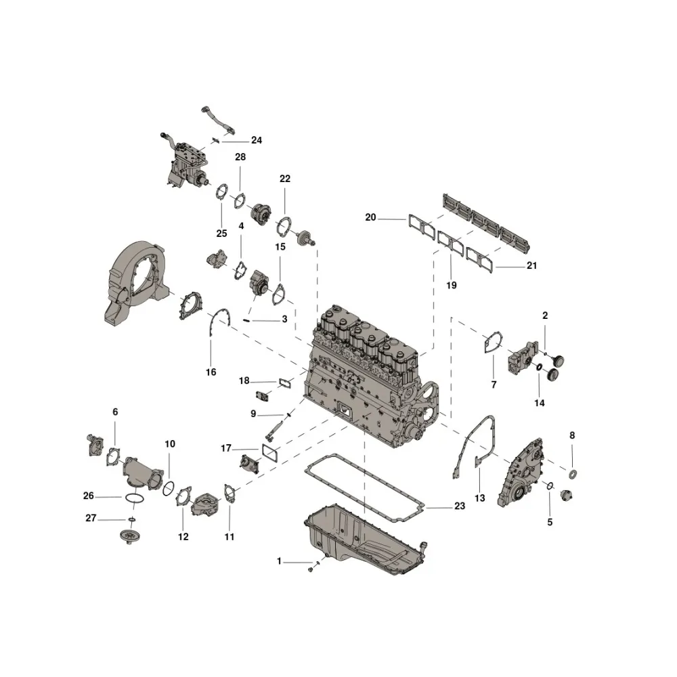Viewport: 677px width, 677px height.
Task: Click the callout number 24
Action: tap(257, 140)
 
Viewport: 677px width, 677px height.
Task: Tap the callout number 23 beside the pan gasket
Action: tap(460, 506)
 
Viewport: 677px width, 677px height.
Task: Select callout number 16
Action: tap(211, 372)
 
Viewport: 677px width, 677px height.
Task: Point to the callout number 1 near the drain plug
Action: tap(279, 561)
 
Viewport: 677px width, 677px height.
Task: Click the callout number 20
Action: tap(370, 217)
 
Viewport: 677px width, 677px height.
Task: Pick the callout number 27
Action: tap(91, 518)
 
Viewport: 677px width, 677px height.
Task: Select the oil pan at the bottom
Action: tap(366, 540)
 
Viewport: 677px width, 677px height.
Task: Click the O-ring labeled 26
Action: tap(134, 499)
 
